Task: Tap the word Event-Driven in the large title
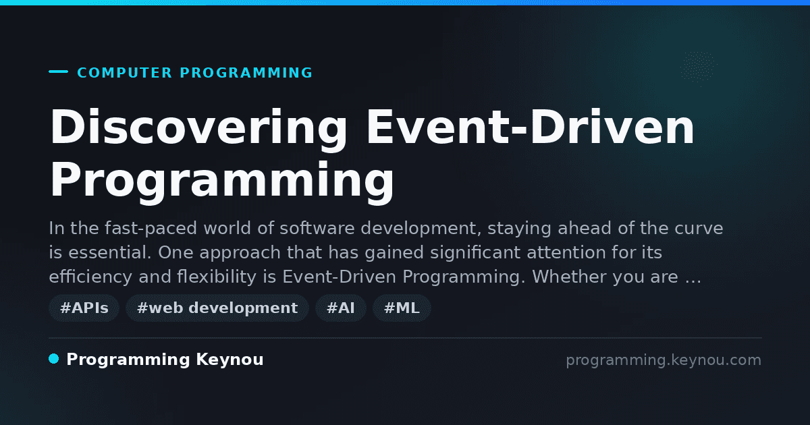(x=531, y=127)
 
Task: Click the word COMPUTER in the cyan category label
(x=125, y=73)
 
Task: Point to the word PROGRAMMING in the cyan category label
(x=246, y=73)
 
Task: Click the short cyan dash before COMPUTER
(x=58, y=72)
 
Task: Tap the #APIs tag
(x=84, y=308)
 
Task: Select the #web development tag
(x=217, y=308)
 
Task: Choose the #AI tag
(x=341, y=308)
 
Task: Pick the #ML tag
(x=402, y=308)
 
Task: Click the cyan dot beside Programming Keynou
(x=54, y=359)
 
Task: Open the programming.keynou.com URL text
(x=664, y=360)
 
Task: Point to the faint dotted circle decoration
(x=698, y=67)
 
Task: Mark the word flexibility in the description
(x=217, y=277)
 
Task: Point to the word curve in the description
(x=699, y=229)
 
